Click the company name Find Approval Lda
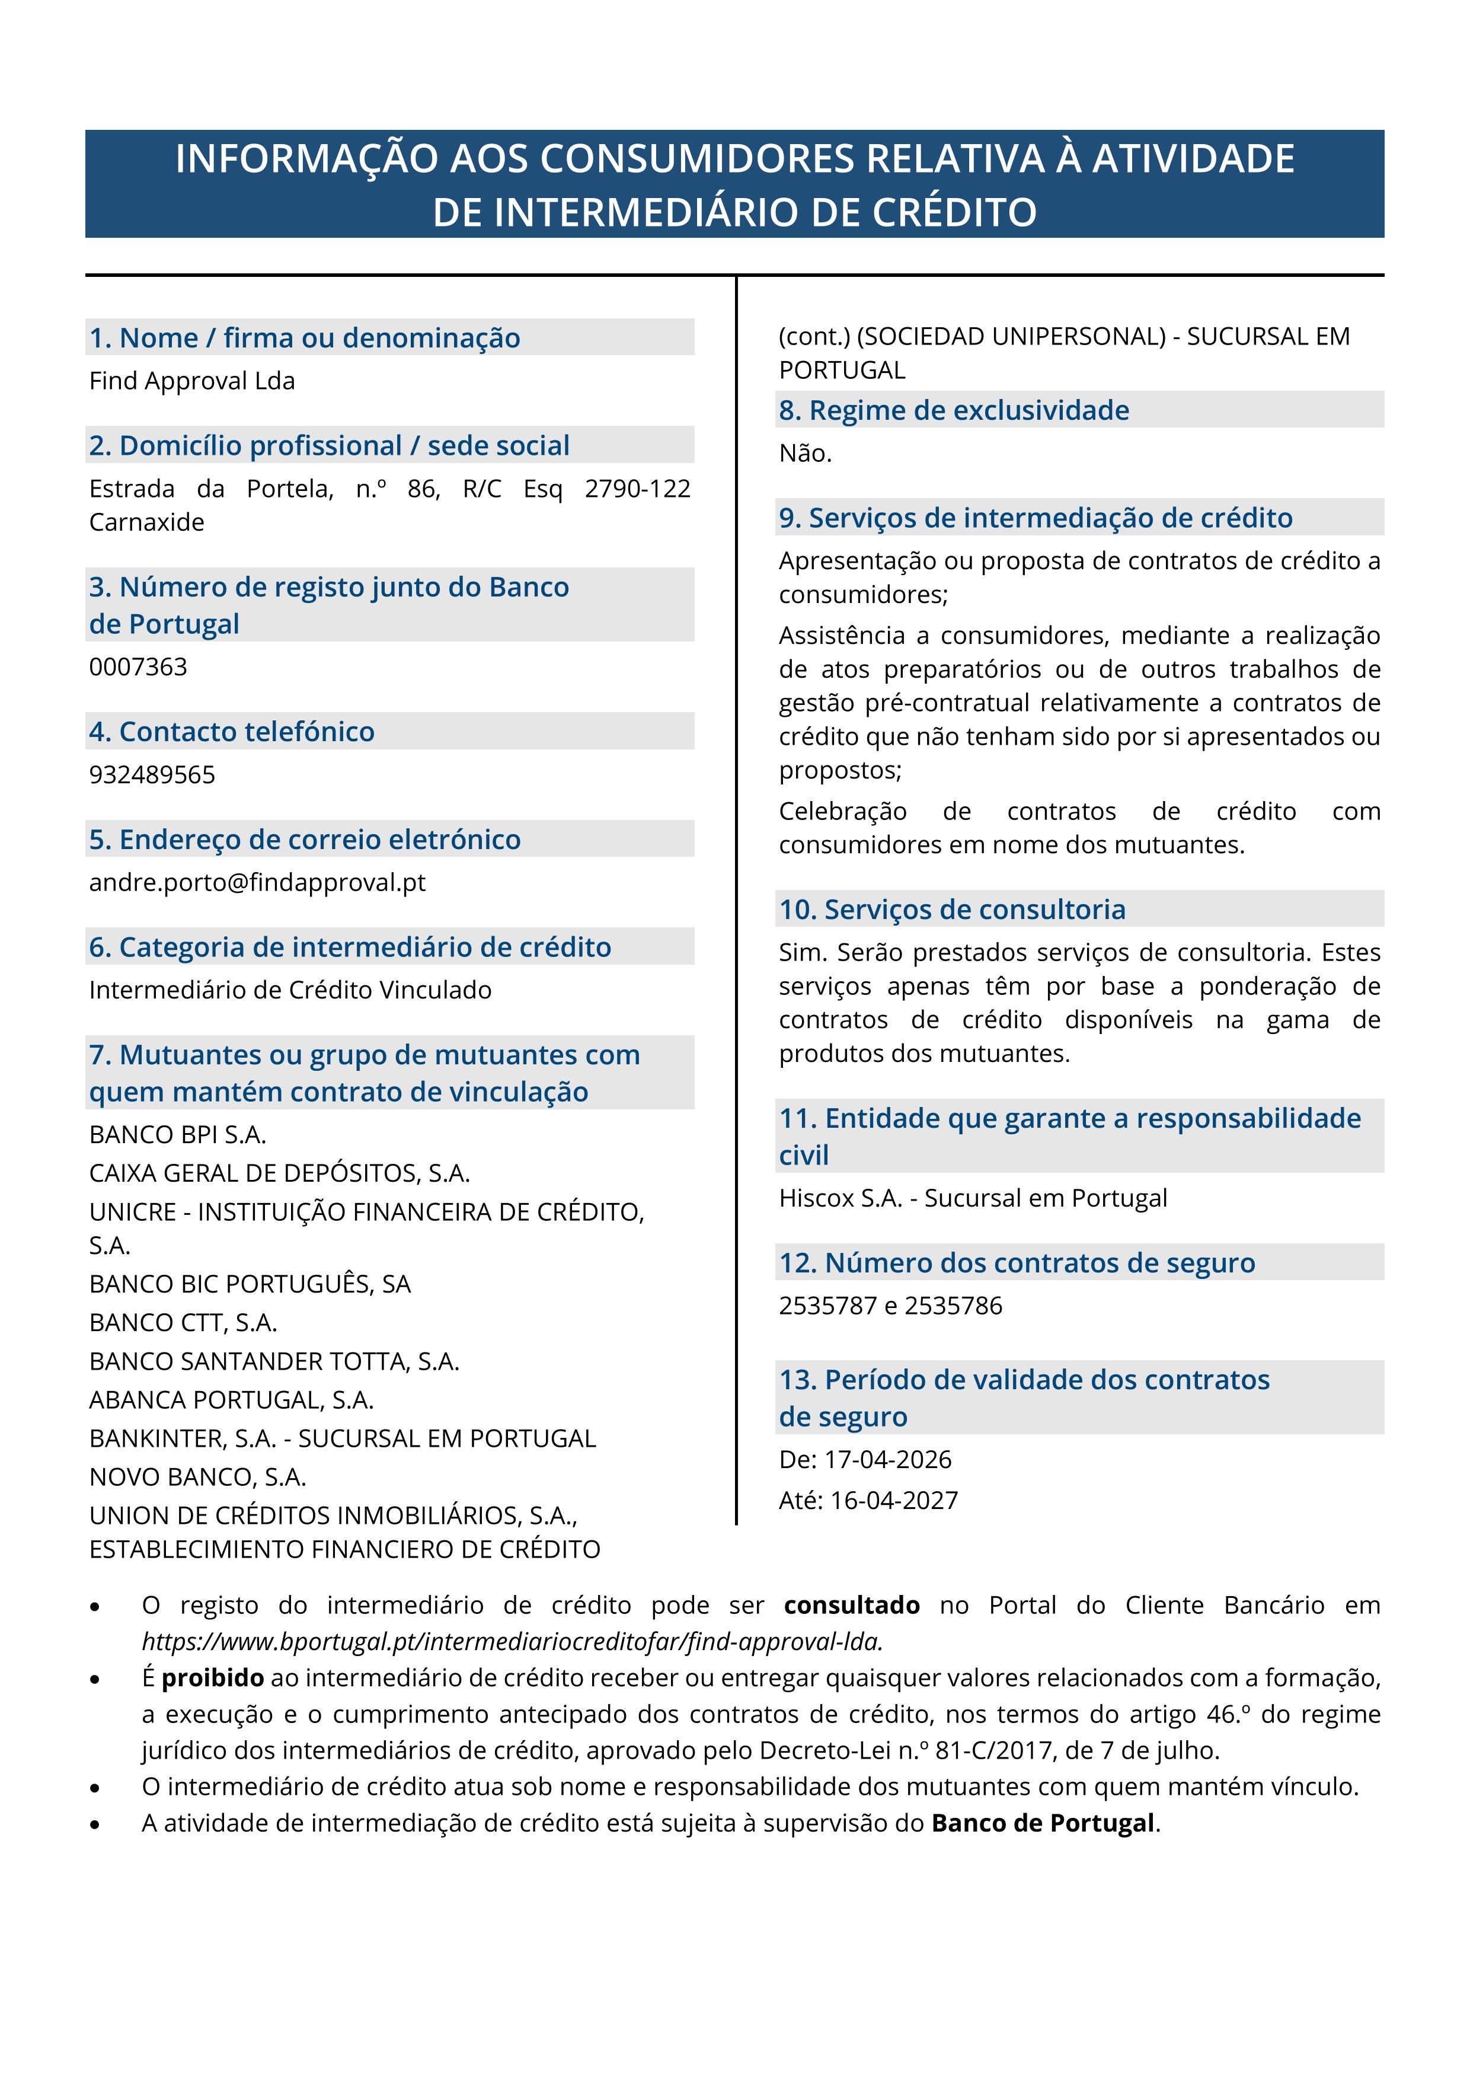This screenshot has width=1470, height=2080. pyautogui.click(x=192, y=381)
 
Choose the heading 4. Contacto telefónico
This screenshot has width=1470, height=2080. pyautogui.click(x=232, y=732)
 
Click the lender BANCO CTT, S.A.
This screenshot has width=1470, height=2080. pyautogui.click(x=183, y=1323)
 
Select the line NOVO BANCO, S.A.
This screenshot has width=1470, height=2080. pyautogui.click(x=197, y=1478)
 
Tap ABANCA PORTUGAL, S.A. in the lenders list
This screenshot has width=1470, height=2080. pyautogui.click(x=231, y=1401)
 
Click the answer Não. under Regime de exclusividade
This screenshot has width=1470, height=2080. pyautogui.click(x=805, y=454)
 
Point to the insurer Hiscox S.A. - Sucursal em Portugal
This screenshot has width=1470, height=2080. pyautogui.click(x=973, y=1198)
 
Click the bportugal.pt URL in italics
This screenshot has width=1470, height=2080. pyautogui.click(x=512, y=1642)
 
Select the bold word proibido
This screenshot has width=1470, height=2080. pyautogui.click(x=213, y=1678)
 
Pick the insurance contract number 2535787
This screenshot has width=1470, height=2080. pyautogui.click(x=828, y=1306)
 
